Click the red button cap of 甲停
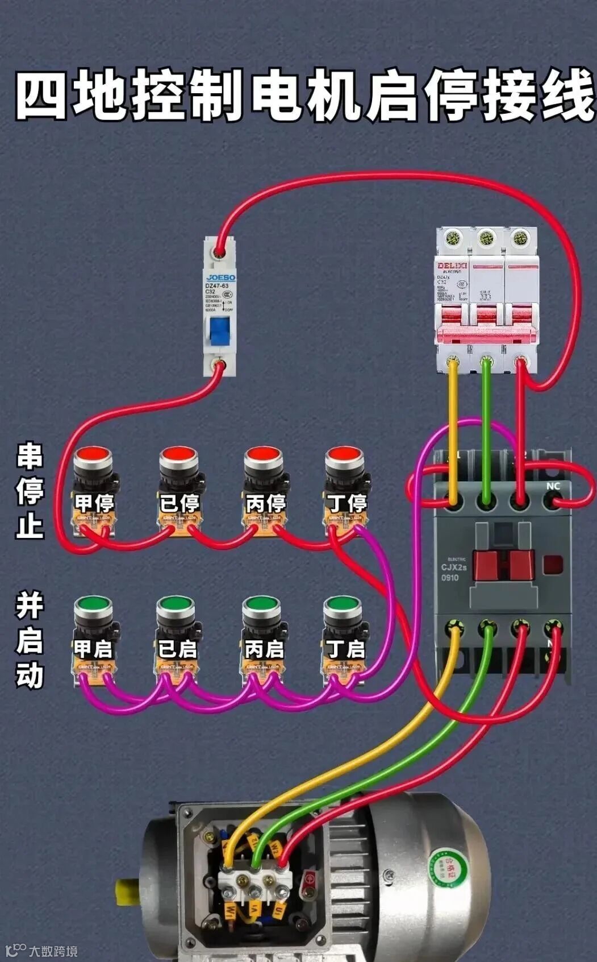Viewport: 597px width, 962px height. coord(94,455)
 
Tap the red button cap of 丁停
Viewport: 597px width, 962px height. coord(344,455)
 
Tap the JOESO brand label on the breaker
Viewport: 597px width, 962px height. coord(220,278)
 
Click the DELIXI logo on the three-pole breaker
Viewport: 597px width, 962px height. coord(452,266)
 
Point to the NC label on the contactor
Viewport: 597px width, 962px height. coord(553,486)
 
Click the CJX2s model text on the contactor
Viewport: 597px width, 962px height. coord(454,567)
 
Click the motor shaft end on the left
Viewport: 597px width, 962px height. coord(126,891)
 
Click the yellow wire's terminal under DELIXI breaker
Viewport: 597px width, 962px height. coord(453,360)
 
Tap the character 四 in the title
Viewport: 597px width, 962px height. coord(41,96)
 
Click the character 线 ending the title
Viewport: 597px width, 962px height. coord(565,96)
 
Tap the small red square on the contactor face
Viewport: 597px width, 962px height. coord(553,564)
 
